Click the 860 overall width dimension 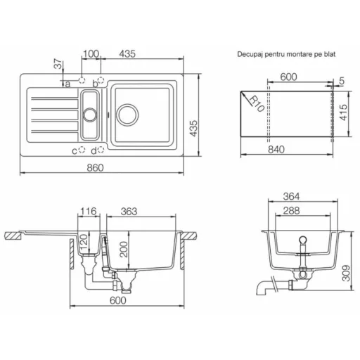point(95,167)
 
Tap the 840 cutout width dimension point(276,149)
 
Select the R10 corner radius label point(257,104)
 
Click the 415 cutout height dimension point(343,112)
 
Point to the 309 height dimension point(346,273)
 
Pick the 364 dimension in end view point(291,196)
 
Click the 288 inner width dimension point(291,210)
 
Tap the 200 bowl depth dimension point(124,250)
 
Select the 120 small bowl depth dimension point(84,241)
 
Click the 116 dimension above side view point(89,211)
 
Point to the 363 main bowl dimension point(129,212)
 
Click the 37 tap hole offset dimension point(58,64)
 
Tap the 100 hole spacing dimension point(91,54)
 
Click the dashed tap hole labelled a point(82,80)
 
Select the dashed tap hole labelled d point(101,150)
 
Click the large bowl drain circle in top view point(127,115)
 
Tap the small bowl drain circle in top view point(90,115)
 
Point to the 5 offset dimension point(342,81)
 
